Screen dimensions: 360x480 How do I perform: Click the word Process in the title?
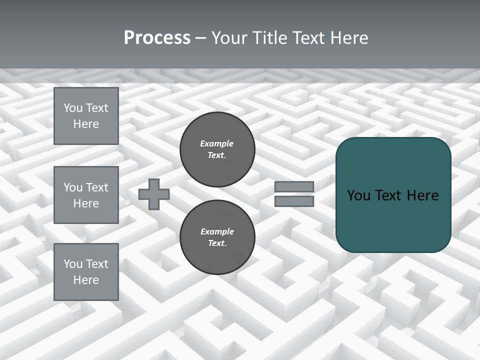click(157, 38)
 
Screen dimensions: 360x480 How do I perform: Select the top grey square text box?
click(86, 116)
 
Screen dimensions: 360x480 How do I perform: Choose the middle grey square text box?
click(86, 195)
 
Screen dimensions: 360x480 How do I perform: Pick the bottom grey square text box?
click(86, 271)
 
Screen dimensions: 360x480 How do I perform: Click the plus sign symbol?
click(154, 194)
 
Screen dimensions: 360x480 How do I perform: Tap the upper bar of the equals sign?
click(294, 187)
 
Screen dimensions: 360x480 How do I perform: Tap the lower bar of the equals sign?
click(294, 201)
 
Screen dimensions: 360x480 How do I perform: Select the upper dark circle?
click(217, 149)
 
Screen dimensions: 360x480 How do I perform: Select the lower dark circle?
click(217, 237)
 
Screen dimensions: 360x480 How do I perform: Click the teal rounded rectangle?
click(393, 194)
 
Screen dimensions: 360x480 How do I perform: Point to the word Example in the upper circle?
click(216, 143)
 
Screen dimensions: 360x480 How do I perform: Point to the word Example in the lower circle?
click(217, 231)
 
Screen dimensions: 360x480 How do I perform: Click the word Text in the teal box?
click(388, 195)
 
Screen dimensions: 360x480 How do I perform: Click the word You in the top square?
click(73, 108)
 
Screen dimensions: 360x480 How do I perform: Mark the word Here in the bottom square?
click(86, 280)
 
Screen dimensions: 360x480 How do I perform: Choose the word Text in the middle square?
click(96, 187)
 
